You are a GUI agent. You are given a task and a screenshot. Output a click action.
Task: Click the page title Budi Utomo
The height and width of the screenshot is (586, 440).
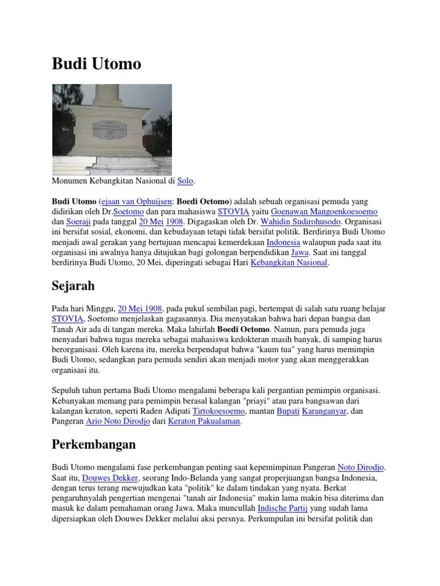tap(96, 64)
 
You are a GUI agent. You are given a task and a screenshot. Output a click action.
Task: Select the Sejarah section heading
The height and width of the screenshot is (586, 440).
tap(73, 285)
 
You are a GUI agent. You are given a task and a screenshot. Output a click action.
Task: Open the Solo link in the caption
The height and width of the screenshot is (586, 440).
tap(185, 181)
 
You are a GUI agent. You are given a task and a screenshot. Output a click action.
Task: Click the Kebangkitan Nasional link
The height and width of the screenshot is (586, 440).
tap(289, 263)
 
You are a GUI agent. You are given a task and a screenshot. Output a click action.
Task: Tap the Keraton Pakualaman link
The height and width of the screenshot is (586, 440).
tap(205, 421)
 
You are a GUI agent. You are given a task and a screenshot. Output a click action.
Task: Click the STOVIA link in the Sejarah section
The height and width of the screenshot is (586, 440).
tap(68, 319)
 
